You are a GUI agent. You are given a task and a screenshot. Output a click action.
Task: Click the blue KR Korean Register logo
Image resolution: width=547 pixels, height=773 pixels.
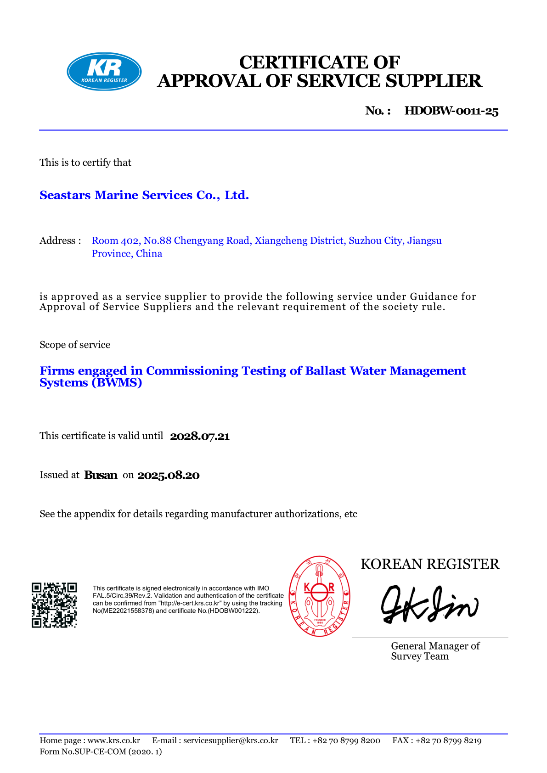[104, 72]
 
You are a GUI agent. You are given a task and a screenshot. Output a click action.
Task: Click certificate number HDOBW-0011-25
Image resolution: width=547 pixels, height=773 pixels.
[451, 111]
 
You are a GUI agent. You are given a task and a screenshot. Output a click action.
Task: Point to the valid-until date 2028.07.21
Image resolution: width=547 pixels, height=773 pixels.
[200, 436]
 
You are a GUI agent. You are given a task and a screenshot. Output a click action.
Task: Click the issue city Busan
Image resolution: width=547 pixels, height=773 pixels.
[101, 475]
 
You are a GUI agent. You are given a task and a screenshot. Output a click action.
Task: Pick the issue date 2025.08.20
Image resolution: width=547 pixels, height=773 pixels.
[169, 476]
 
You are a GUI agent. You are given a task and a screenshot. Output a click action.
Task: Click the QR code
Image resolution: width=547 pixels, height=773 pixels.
[54, 605]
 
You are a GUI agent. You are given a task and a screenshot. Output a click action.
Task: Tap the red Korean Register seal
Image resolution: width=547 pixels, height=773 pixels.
[320, 596]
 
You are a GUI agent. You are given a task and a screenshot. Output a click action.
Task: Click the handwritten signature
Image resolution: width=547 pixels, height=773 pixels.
[430, 605]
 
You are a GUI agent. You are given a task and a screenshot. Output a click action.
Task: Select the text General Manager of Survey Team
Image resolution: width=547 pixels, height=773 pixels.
[435, 651]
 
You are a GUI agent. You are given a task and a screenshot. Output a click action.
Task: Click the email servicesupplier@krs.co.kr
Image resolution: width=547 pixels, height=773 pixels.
[231, 740]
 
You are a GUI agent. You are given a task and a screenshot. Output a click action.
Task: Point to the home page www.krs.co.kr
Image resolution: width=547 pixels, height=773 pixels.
[114, 740]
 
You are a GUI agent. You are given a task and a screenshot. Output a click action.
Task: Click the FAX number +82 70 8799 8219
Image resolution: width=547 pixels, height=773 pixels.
[448, 740]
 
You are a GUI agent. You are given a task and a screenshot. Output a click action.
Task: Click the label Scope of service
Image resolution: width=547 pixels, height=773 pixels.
[75, 345]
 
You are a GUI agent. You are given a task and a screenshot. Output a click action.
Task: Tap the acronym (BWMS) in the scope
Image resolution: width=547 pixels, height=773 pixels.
[117, 383]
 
